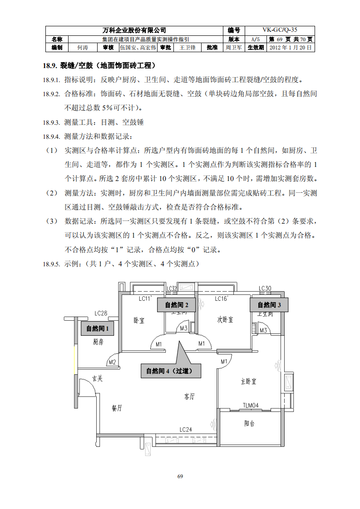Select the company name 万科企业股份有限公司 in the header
(134, 30)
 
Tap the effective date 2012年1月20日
(291, 47)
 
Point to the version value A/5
(256, 39)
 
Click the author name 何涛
(82, 47)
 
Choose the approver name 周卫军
(233, 47)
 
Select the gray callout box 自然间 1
(98, 328)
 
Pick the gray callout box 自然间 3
(270, 305)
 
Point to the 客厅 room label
(189, 396)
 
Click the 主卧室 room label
(248, 381)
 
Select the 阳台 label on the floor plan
(249, 423)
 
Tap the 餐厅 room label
(117, 408)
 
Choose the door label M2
(112, 362)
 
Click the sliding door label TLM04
(250, 405)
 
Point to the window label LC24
(186, 429)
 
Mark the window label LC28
(101, 313)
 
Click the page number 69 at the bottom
(180, 476)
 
